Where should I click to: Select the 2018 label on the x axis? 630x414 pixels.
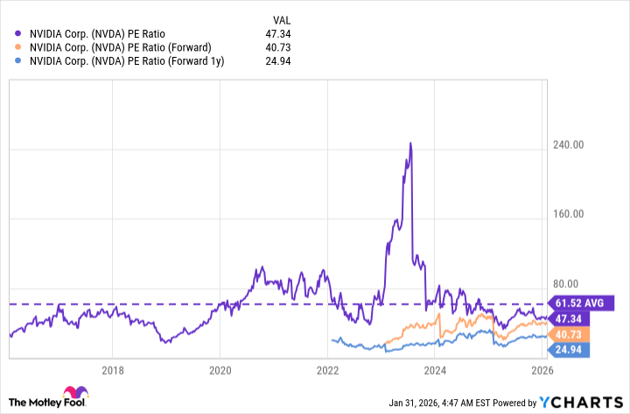click(112, 369)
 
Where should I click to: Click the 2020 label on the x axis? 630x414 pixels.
click(220, 369)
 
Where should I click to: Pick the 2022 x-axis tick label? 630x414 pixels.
click(327, 369)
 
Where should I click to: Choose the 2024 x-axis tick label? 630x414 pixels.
click(435, 369)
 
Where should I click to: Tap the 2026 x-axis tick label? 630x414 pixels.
click(542, 369)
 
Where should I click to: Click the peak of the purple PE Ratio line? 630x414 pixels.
click(410, 144)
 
